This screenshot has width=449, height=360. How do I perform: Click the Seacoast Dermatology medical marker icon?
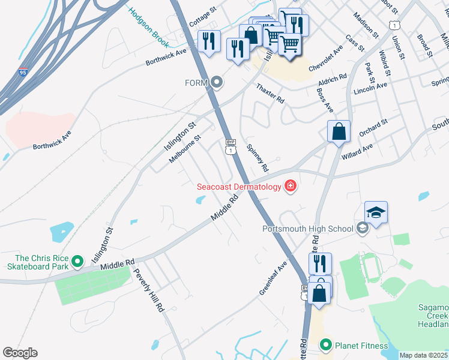(291, 187)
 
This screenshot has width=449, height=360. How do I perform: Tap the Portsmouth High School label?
(307, 228)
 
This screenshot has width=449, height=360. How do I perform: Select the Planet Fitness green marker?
(326, 344)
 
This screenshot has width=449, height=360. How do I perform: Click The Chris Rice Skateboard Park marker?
(77, 262)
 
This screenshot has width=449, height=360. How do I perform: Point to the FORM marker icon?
(217, 82)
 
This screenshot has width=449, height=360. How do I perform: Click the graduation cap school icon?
(376, 212)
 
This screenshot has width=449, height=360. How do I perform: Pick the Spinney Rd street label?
(256, 156)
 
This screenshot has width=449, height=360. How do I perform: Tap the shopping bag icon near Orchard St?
(339, 131)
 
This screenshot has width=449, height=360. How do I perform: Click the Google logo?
(20, 353)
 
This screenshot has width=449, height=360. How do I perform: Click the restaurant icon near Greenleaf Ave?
(320, 263)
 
